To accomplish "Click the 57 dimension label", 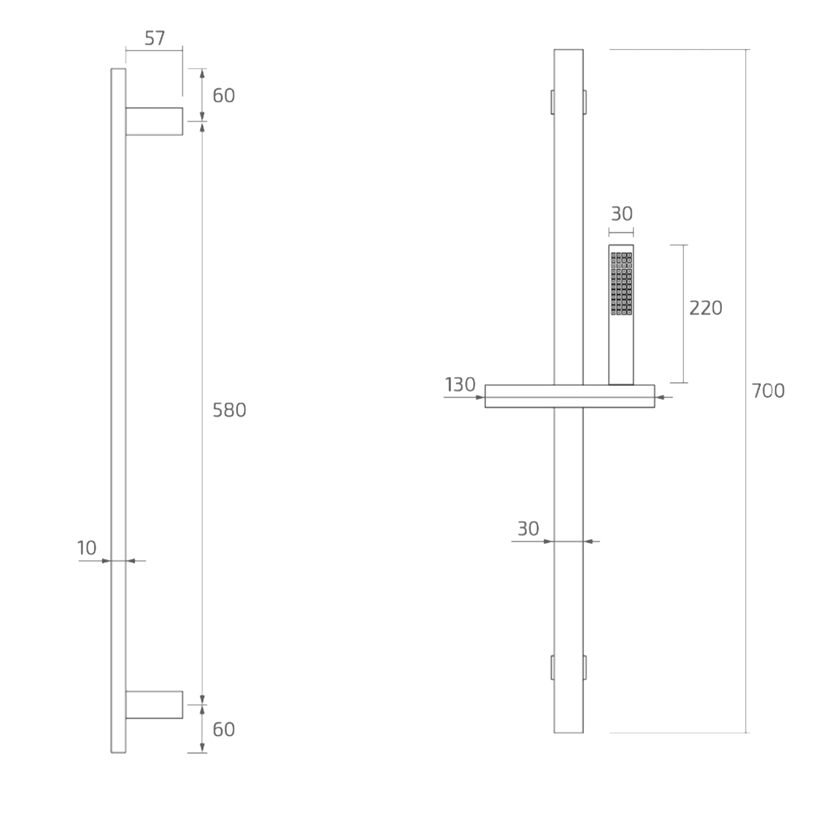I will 154,39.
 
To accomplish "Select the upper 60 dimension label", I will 224,96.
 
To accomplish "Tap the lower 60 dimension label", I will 224,729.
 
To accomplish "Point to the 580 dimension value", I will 229,410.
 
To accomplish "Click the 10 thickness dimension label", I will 86,548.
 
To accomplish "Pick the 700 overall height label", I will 768,391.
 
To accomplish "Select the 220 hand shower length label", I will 705,308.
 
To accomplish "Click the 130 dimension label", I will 460,384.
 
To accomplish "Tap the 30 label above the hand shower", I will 622,214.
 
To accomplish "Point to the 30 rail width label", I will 528,529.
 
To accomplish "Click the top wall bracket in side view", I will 154,121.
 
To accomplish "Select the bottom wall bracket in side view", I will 154,705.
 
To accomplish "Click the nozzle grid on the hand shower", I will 621,284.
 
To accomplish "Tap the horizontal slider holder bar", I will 569,396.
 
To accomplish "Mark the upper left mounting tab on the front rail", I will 552,102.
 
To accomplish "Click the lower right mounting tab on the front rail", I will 585,667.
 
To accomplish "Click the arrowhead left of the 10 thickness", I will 106,561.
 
